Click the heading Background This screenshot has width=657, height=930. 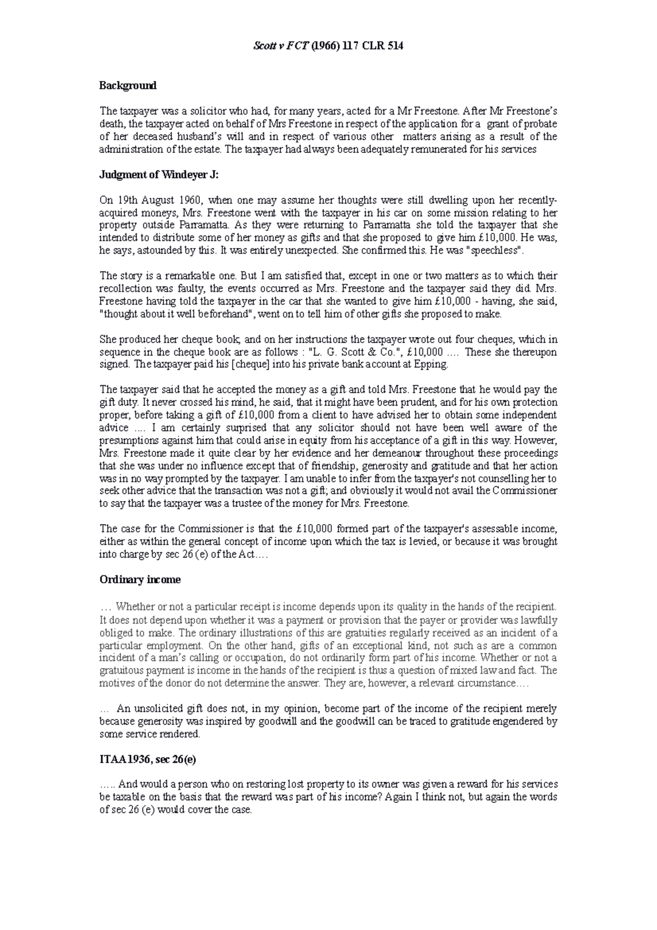click(x=128, y=85)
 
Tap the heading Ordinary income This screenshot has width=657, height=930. click(x=140, y=579)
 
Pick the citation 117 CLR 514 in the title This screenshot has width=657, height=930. click(x=373, y=46)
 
